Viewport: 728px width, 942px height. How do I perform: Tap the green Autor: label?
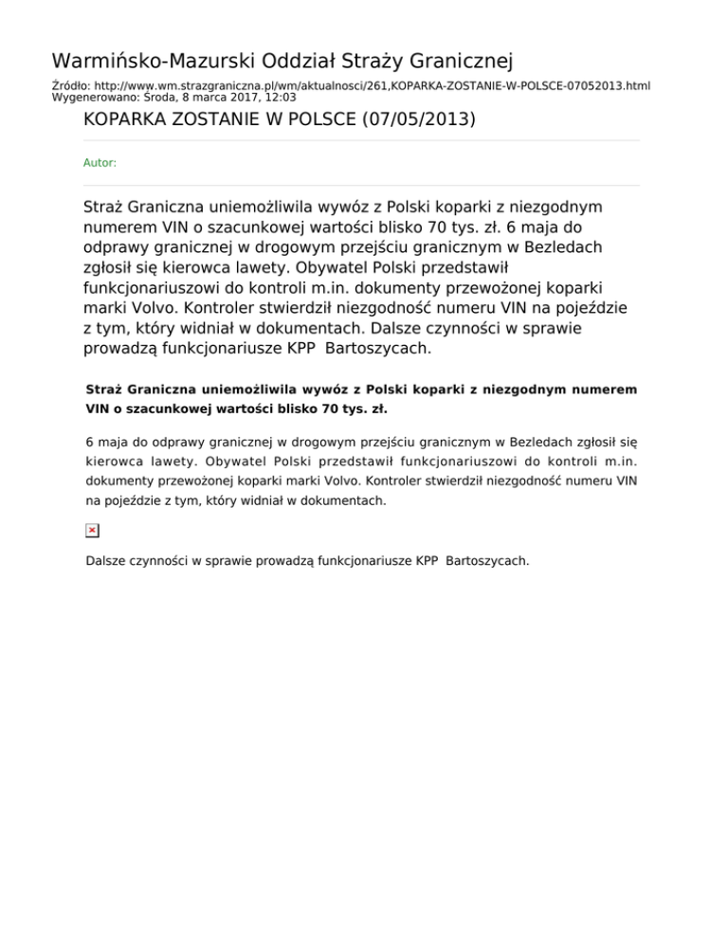point(100,163)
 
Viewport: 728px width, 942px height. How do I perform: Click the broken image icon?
point(92,530)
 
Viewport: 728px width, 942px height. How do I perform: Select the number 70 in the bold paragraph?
point(330,410)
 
